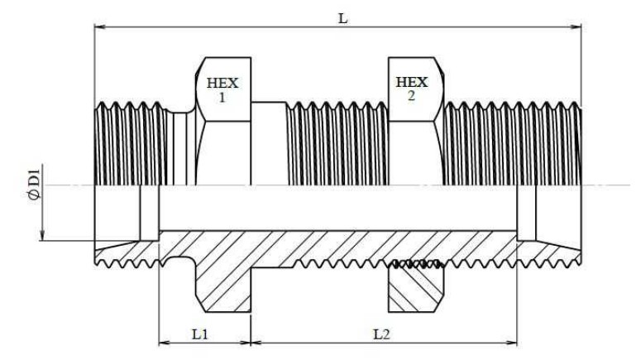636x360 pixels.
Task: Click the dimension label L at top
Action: [x=342, y=17]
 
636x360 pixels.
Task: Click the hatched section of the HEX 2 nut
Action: [x=416, y=290]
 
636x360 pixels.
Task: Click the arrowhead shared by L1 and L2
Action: [x=251, y=341]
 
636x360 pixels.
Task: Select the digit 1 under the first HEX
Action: [x=222, y=97]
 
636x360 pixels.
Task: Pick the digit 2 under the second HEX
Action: [x=412, y=96]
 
